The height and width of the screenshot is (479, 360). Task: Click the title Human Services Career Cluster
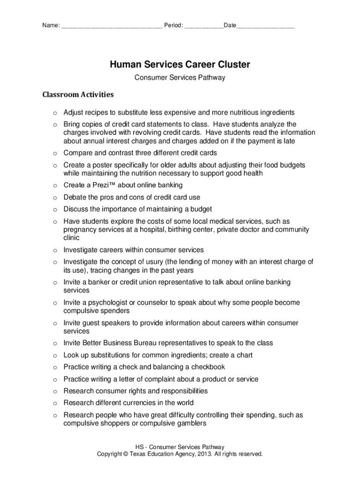point(180,65)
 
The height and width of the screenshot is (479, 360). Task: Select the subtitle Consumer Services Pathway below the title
point(180,78)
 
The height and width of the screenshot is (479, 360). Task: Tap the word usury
point(151,262)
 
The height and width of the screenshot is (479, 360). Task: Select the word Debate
point(75,197)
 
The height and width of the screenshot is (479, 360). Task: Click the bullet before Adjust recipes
point(55,113)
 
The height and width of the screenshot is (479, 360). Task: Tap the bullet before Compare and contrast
point(55,153)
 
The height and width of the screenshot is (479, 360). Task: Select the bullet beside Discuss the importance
point(55,210)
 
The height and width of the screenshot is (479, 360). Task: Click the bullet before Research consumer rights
point(55,391)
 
